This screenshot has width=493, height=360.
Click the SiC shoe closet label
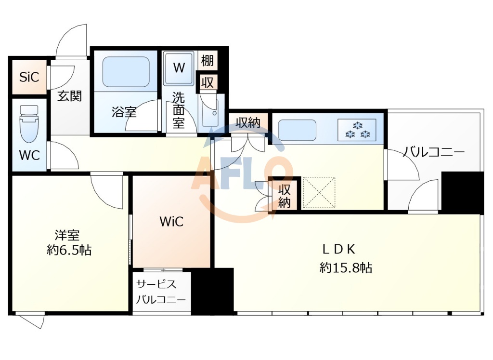(29, 77)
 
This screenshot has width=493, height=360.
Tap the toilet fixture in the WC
(29, 124)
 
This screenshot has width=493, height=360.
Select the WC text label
(29, 155)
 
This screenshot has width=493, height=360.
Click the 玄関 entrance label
(69, 96)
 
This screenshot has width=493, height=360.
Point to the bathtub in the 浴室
(126, 72)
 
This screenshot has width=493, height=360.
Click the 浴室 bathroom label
(124, 112)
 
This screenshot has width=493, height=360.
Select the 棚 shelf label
(208, 60)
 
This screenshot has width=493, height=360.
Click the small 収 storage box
(208, 82)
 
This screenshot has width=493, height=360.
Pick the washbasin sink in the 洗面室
(210, 112)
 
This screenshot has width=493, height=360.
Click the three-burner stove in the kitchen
(357, 130)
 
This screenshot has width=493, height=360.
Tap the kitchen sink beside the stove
(297, 130)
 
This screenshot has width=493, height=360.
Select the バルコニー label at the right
(434, 152)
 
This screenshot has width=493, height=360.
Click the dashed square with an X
(319, 193)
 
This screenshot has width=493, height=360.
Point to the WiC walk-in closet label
(172, 222)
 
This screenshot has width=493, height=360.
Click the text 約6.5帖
(69, 251)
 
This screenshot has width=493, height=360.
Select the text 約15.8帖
(346, 268)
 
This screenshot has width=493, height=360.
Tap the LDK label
(339, 249)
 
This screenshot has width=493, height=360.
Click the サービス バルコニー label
(161, 292)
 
